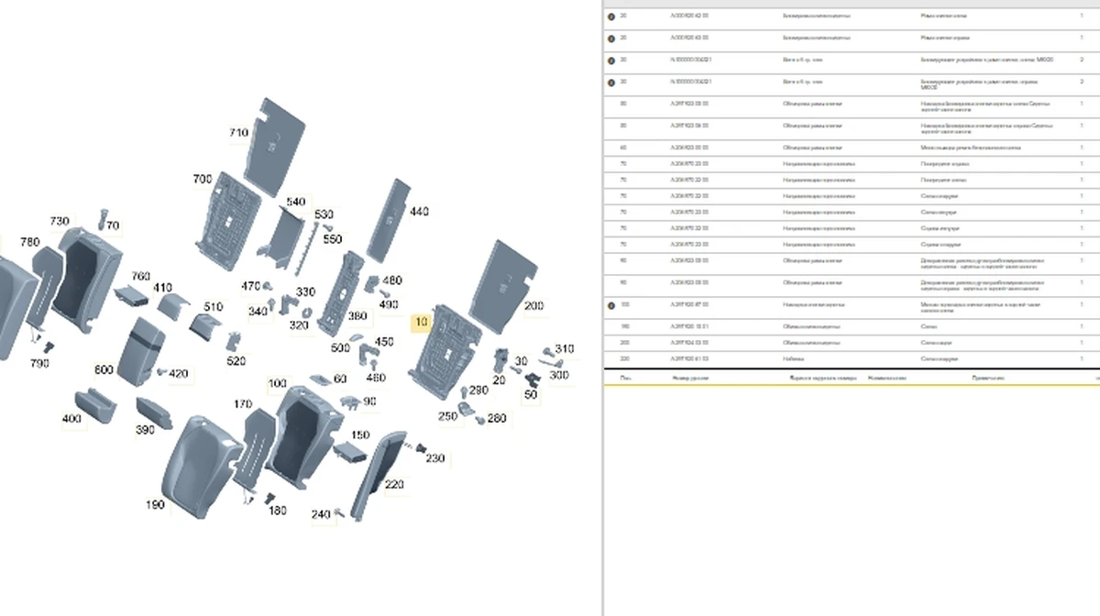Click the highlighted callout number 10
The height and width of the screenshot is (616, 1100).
tap(421, 322)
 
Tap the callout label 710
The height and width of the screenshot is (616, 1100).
tap(238, 134)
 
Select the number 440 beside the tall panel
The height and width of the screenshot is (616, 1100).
tap(419, 212)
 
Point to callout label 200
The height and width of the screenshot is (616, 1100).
tap(533, 305)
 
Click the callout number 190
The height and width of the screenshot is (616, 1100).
tap(155, 504)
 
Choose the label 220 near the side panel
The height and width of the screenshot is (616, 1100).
tap(393, 484)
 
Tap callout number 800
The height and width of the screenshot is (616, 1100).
tap(104, 369)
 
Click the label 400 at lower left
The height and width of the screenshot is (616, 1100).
tap(71, 419)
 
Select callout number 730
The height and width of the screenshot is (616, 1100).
tap(59, 222)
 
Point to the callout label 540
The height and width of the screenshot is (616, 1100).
tap(295, 202)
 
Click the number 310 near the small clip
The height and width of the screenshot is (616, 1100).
tap(564, 349)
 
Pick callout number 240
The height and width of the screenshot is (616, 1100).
tap(320, 515)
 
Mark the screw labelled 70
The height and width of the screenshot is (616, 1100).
tap(102, 218)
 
